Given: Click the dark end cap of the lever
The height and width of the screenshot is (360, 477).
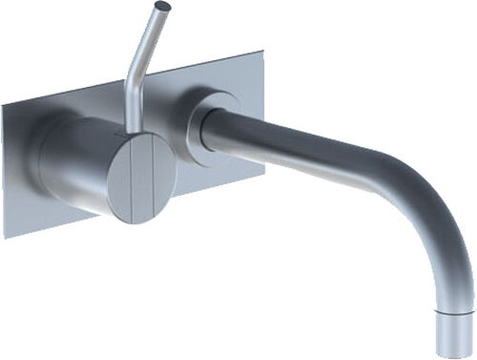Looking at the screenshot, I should coord(163,7).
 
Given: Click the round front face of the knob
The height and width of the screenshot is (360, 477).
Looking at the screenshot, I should coord(142,179).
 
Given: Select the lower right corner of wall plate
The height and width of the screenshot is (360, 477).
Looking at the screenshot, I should coord(264,174).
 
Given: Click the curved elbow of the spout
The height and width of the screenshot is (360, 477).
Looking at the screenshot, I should coord(420,205).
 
